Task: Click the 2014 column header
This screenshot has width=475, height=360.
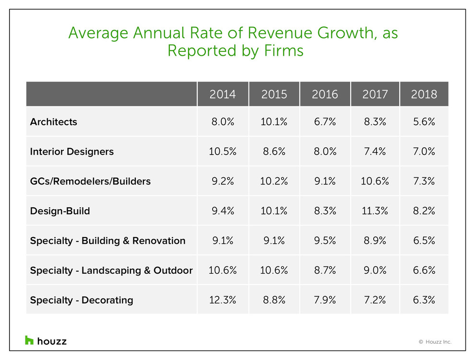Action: [223, 94]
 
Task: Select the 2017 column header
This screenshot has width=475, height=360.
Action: [375, 94]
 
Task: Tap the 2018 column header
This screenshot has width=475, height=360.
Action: [424, 94]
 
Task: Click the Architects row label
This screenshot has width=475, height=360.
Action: [53, 122]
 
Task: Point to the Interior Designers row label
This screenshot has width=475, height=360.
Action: [72, 152]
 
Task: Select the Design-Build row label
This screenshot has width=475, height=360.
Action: [59, 211]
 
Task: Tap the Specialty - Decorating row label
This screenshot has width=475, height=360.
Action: [82, 300]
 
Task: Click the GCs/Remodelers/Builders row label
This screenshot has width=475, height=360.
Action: [90, 181]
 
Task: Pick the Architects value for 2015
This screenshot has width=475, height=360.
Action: [274, 122]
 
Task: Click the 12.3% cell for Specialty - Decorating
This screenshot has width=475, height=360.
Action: [223, 300]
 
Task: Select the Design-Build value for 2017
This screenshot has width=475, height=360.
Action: [375, 211]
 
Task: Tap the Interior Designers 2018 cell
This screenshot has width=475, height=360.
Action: [424, 152]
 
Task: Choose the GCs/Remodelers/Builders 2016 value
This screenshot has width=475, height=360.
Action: [325, 181]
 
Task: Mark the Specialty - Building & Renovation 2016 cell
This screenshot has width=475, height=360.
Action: [325, 241]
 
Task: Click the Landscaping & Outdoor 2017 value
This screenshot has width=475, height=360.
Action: [375, 271]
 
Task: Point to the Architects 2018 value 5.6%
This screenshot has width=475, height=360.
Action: [424, 122]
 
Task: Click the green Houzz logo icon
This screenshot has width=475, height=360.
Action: [29, 340]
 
